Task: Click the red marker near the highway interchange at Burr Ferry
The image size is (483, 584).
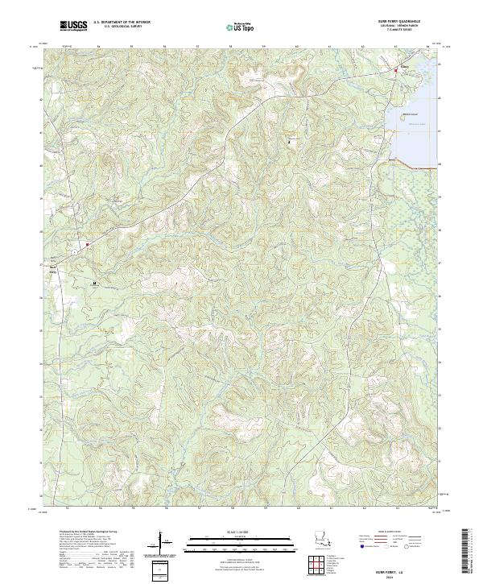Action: (85, 244)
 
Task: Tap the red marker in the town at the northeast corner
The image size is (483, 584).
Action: (395, 72)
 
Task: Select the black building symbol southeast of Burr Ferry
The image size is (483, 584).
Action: (94, 284)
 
